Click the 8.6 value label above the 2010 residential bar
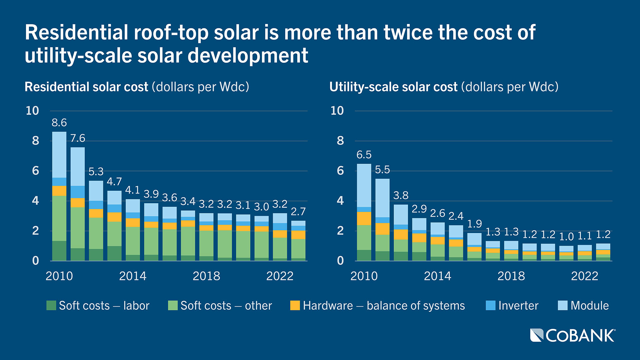pos(59,123)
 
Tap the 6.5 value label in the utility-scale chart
pos(364,155)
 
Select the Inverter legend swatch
pos(490,305)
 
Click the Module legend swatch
pos(563,305)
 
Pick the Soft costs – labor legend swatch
pos(51,305)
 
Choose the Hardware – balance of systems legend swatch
pos(295,305)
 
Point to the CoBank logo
pos(572,335)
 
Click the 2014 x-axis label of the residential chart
pos(133,276)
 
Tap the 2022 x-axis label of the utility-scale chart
pos(584,276)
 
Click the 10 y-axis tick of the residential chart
pos(32,111)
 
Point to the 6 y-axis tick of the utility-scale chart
pos(340,171)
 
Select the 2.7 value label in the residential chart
pos(298,212)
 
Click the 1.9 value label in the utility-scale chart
pos(474,224)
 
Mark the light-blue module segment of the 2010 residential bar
pos(59,155)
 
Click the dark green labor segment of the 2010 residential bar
pos(59,251)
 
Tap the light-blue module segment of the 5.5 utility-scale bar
pos(382,198)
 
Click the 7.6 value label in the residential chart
pos(78,138)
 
